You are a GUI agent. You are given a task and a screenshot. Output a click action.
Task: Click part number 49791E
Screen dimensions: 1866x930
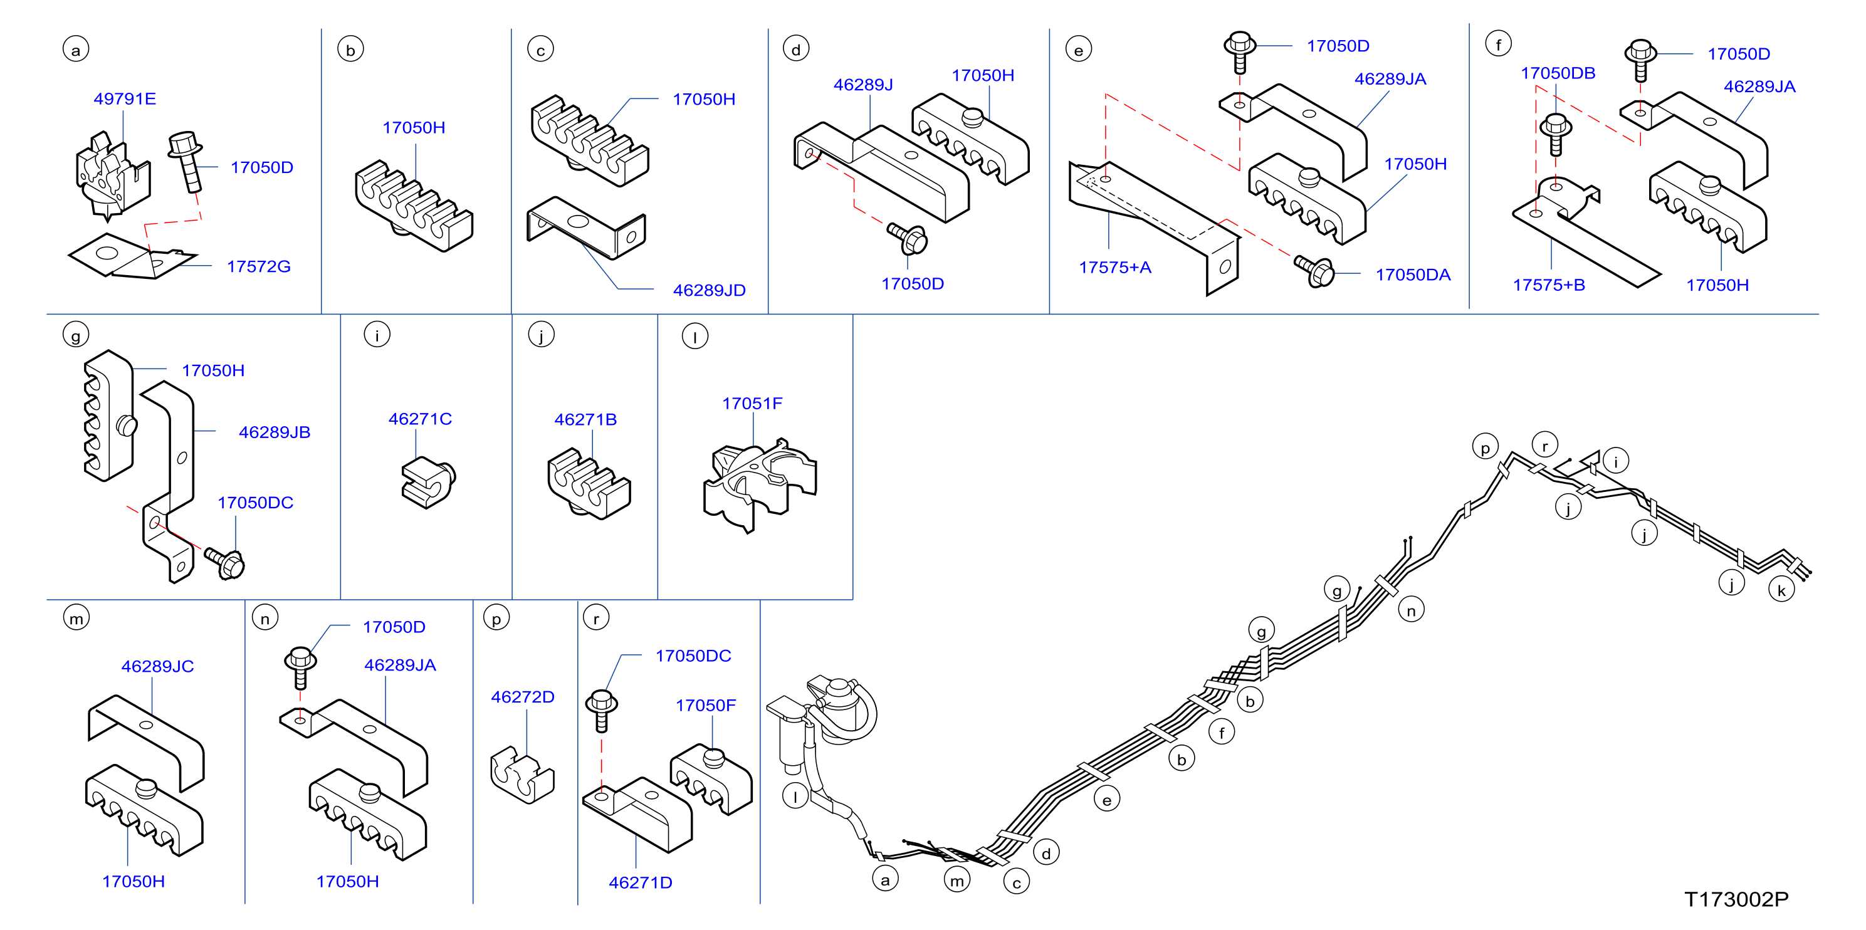[125, 98]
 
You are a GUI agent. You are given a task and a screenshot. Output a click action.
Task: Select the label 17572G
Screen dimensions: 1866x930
[259, 266]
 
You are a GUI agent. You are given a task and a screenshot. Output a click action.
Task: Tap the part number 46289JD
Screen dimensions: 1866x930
[709, 290]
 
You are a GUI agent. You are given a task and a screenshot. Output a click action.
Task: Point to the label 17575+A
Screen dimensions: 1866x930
[1115, 267]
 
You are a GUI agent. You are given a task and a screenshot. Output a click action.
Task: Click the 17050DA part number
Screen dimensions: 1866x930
[1413, 275]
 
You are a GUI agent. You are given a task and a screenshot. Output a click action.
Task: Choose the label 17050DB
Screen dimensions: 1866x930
[1558, 73]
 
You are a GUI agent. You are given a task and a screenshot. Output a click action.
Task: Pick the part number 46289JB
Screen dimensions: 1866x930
[275, 432]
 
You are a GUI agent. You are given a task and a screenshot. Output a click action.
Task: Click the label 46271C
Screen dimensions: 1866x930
[420, 419]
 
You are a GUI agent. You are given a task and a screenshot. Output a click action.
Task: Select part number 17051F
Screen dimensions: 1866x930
[752, 404]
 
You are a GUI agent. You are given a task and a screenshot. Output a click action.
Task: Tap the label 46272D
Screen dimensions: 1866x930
[522, 697]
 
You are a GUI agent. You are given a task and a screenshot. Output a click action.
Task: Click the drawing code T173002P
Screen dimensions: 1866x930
[1736, 899]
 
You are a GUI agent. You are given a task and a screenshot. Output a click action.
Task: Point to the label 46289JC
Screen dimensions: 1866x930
[157, 666]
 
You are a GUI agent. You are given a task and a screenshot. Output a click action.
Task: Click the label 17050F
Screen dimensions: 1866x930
[706, 706]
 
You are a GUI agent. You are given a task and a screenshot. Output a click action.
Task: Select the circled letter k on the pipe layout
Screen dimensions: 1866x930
[1781, 590]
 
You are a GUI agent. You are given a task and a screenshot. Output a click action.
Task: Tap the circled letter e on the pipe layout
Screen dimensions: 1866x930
[1106, 800]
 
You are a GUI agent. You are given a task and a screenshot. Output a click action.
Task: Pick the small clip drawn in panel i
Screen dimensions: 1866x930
[428, 482]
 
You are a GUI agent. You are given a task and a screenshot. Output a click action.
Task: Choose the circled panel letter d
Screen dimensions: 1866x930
[796, 50]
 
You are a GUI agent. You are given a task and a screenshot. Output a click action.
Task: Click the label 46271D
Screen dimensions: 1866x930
[641, 882]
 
